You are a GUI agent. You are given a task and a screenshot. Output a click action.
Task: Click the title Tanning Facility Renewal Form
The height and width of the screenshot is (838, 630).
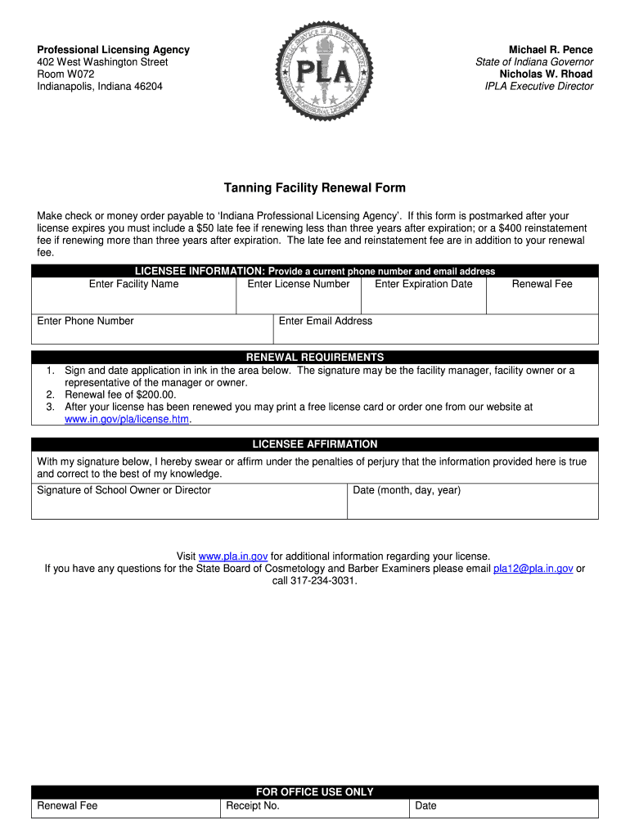point(315,188)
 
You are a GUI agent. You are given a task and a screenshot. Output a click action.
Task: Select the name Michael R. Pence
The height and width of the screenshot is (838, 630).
point(551,50)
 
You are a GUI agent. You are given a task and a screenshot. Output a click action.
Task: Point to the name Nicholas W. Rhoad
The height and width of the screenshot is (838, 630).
point(546,74)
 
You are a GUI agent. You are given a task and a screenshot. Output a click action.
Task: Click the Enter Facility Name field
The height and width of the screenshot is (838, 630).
point(133,298)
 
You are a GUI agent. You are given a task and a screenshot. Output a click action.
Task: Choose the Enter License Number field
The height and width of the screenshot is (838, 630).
point(298,298)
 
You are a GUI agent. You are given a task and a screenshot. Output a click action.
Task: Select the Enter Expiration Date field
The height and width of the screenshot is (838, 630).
point(423,298)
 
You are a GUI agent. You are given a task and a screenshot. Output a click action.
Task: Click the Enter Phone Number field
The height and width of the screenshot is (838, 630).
point(151,331)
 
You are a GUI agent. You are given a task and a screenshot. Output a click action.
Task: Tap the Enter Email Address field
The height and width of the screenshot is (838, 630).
point(434,331)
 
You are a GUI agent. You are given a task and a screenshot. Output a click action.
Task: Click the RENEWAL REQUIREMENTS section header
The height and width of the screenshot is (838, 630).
point(315,358)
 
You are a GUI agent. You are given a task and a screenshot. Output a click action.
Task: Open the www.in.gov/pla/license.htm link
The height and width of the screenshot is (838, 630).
point(127,419)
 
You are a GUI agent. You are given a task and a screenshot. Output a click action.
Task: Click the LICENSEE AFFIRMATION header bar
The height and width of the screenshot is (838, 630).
point(315,444)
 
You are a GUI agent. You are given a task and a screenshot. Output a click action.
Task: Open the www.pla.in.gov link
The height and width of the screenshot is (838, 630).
point(233,556)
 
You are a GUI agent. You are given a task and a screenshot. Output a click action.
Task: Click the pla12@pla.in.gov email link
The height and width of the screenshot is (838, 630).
point(533,569)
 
